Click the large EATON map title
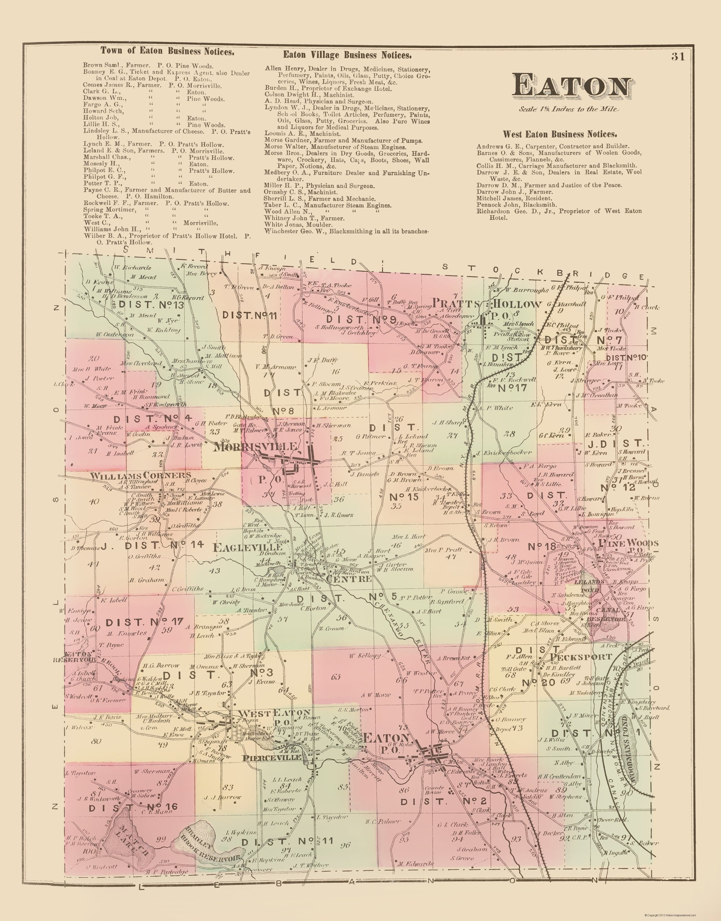tap(572, 86)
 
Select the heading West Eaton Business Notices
tap(560, 134)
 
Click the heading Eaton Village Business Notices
tap(347, 55)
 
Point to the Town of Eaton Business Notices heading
tap(167, 52)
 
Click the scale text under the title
tap(569, 109)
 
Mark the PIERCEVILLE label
tap(272, 757)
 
